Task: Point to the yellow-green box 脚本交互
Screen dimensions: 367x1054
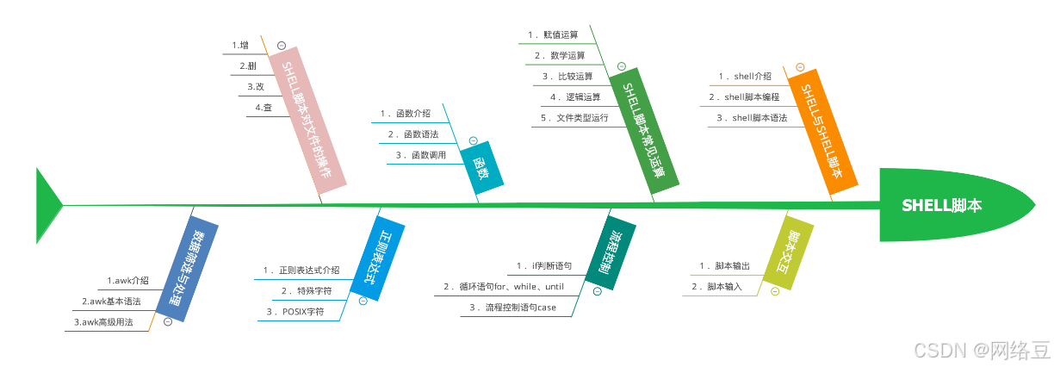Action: tap(789, 251)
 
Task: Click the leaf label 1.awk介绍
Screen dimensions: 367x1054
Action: tap(128, 280)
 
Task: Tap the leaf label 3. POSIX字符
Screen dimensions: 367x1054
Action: tap(295, 312)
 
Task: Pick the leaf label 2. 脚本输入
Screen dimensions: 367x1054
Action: tap(717, 286)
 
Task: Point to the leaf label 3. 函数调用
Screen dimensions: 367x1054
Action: tap(420, 155)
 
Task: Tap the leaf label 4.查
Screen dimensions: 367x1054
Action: tap(263, 108)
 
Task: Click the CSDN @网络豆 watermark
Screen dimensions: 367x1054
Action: tap(982, 350)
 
